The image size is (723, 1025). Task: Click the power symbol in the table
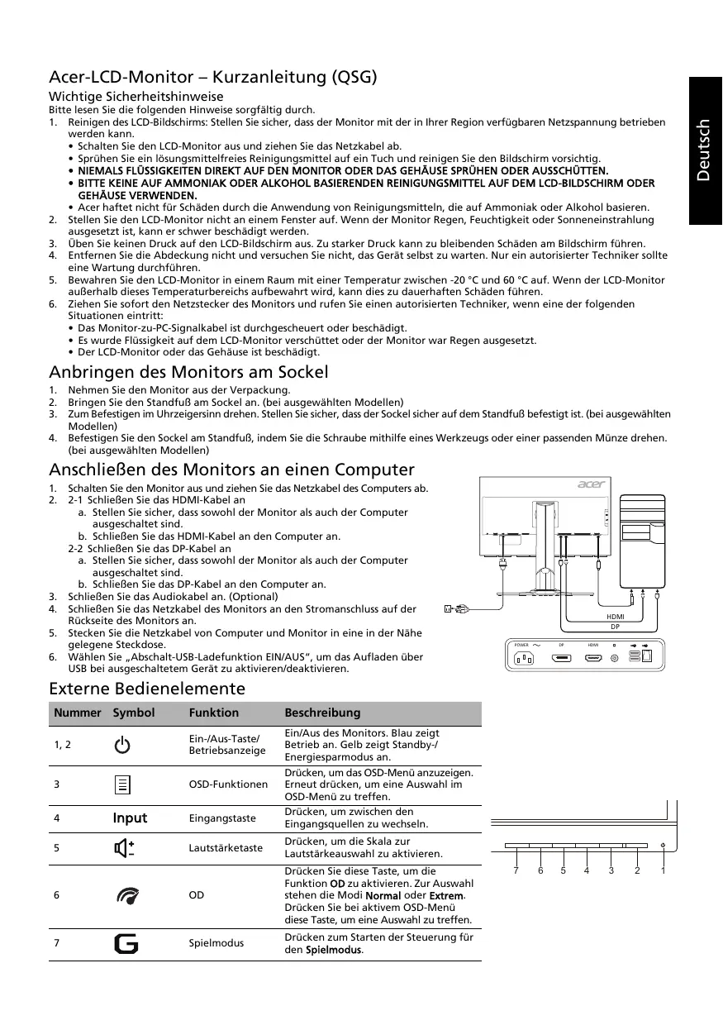(x=121, y=745)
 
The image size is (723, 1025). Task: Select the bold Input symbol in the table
(x=130, y=818)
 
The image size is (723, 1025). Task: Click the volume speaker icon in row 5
(x=124, y=848)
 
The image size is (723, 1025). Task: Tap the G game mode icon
(x=126, y=943)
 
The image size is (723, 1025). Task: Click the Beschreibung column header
(x=322, y=713)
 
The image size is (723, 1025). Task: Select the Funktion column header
(x=213, y=713)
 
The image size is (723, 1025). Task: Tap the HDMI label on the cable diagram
(x=615, y=617)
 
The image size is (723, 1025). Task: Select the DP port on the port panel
(x=562, y=659)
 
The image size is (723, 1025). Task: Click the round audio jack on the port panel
(x=614, y=659)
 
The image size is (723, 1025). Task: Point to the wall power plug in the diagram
(x=457, y=610)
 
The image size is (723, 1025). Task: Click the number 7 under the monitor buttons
(x=515, y=870)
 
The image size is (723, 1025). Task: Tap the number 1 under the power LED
(x=664, y=870)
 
